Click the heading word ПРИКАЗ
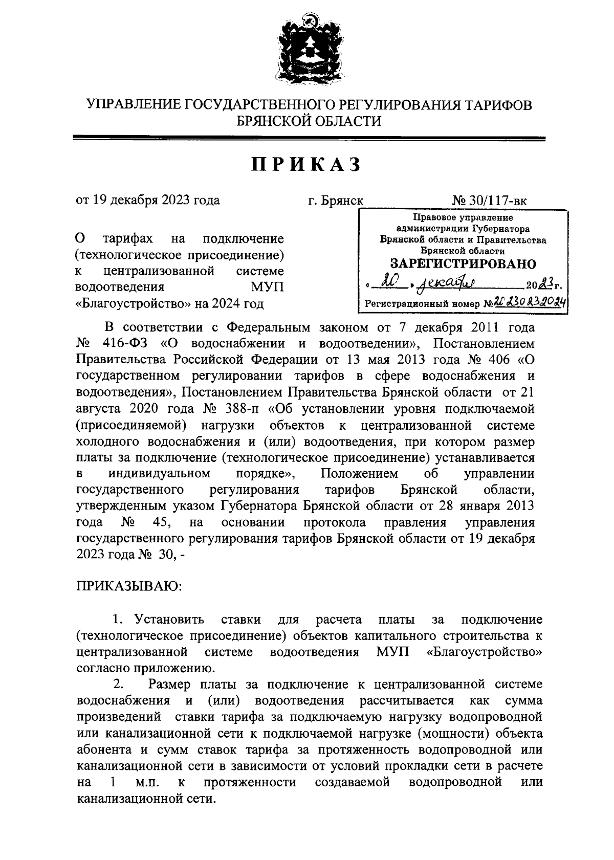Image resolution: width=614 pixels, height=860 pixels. click(306, 165)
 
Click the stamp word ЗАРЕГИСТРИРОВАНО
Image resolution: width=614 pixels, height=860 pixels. click(463, 263)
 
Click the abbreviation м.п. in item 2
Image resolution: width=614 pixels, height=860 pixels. click(148, 782)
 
